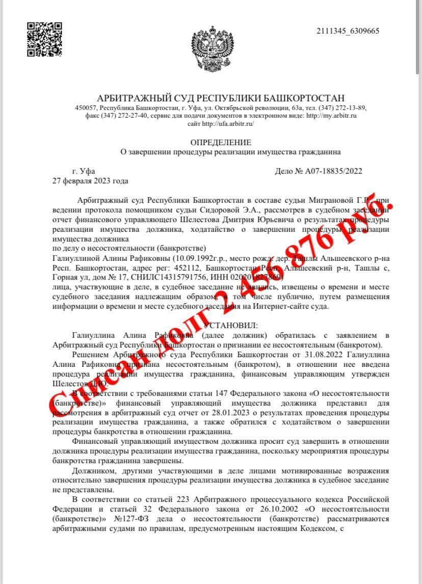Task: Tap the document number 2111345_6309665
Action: tap(348, 31)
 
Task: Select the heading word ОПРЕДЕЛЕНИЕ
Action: tap(221, 142)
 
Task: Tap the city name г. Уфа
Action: tap(84, 171)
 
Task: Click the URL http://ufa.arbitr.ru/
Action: tap(228, 124)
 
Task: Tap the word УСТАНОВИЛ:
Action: tap(230, 325)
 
